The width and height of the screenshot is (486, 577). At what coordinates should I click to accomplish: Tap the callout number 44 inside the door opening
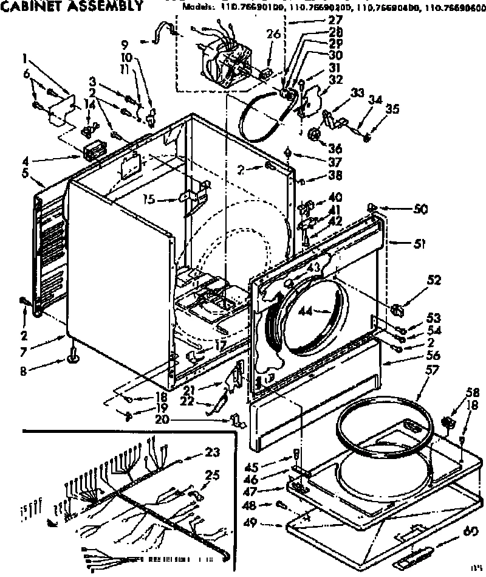pos(306,311)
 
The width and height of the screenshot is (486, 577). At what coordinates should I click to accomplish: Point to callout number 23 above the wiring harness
pos(211,452)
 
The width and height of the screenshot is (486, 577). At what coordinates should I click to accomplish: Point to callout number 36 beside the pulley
pos(335,149)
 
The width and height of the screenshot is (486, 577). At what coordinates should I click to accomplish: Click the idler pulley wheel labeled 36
pos(315,136)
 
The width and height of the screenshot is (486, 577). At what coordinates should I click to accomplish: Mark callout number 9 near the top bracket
pos(125,44)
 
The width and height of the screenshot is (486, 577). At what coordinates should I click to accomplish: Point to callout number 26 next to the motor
pos(272,35)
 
